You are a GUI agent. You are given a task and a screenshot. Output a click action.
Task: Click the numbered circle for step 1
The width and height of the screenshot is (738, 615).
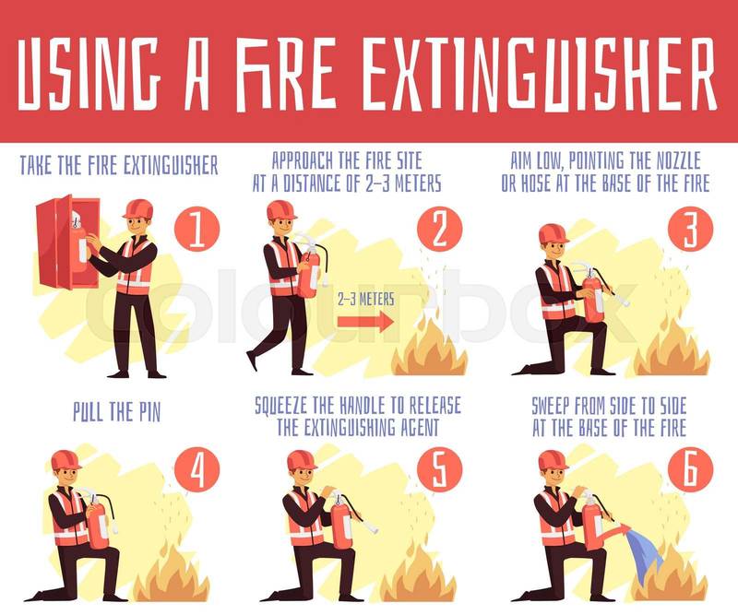pyautogui.click(x=197, y=230)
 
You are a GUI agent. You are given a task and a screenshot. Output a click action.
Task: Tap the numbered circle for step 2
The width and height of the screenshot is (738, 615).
pyautogui.click(x=440, y=230)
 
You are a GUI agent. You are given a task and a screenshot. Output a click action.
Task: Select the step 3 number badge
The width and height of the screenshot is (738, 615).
pyautogui.click(x=690, y=230)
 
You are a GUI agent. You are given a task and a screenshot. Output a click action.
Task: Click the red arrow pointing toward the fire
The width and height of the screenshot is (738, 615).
pyautogui.click(x=364, y=322)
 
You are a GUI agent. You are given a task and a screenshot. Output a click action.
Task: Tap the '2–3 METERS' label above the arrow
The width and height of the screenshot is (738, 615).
pyautogui.click(x=365, y=299)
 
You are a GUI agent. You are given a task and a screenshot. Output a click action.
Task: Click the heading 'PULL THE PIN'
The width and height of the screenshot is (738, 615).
pyautogui.click(x=117, y=412)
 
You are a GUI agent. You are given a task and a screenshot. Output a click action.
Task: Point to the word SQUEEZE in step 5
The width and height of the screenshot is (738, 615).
pyautogui.click(x=287, y=406)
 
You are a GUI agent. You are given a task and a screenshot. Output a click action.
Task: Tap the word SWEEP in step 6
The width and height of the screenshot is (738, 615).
pyautogui.click(x=554, y=406)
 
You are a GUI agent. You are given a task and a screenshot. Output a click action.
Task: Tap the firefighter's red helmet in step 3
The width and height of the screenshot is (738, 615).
pyautogui.click(x=553, y=233)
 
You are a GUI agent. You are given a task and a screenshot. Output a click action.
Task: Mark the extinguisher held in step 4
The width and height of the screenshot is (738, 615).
pyautogui.click(x=99, y=520)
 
